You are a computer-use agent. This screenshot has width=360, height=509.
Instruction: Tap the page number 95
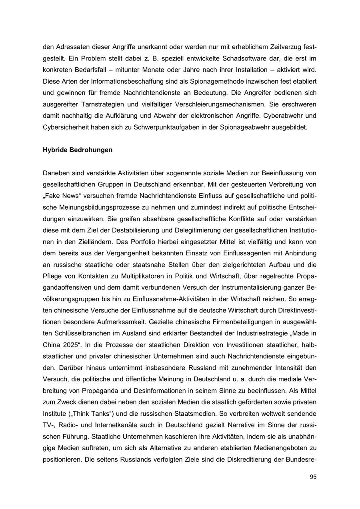tap(313, 477)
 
